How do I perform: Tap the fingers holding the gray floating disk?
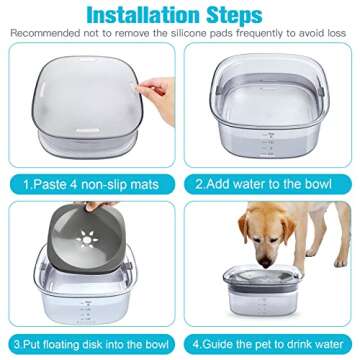[x=92, y=207]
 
